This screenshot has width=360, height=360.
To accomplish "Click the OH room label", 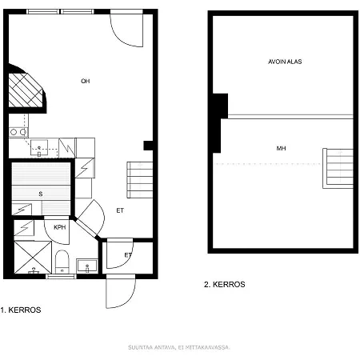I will pos(86,81).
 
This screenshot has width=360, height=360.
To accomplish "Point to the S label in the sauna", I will pos(40,194).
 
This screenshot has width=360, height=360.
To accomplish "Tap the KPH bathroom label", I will pos(59,228).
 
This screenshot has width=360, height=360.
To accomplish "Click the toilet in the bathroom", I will pos(62,260).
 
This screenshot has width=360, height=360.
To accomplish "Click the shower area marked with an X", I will pos(31,256).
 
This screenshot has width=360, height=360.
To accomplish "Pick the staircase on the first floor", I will pos(139,180).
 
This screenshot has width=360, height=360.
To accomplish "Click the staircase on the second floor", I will pos(338,168).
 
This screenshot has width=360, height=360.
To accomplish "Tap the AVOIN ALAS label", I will pos(284,62).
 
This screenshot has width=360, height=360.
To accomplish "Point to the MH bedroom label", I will pos(281,149).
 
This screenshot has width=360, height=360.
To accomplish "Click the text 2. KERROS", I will pos(225,284).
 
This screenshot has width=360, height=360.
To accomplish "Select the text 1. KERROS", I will pos(21,310).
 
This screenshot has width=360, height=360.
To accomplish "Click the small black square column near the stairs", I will pos(148,145).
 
